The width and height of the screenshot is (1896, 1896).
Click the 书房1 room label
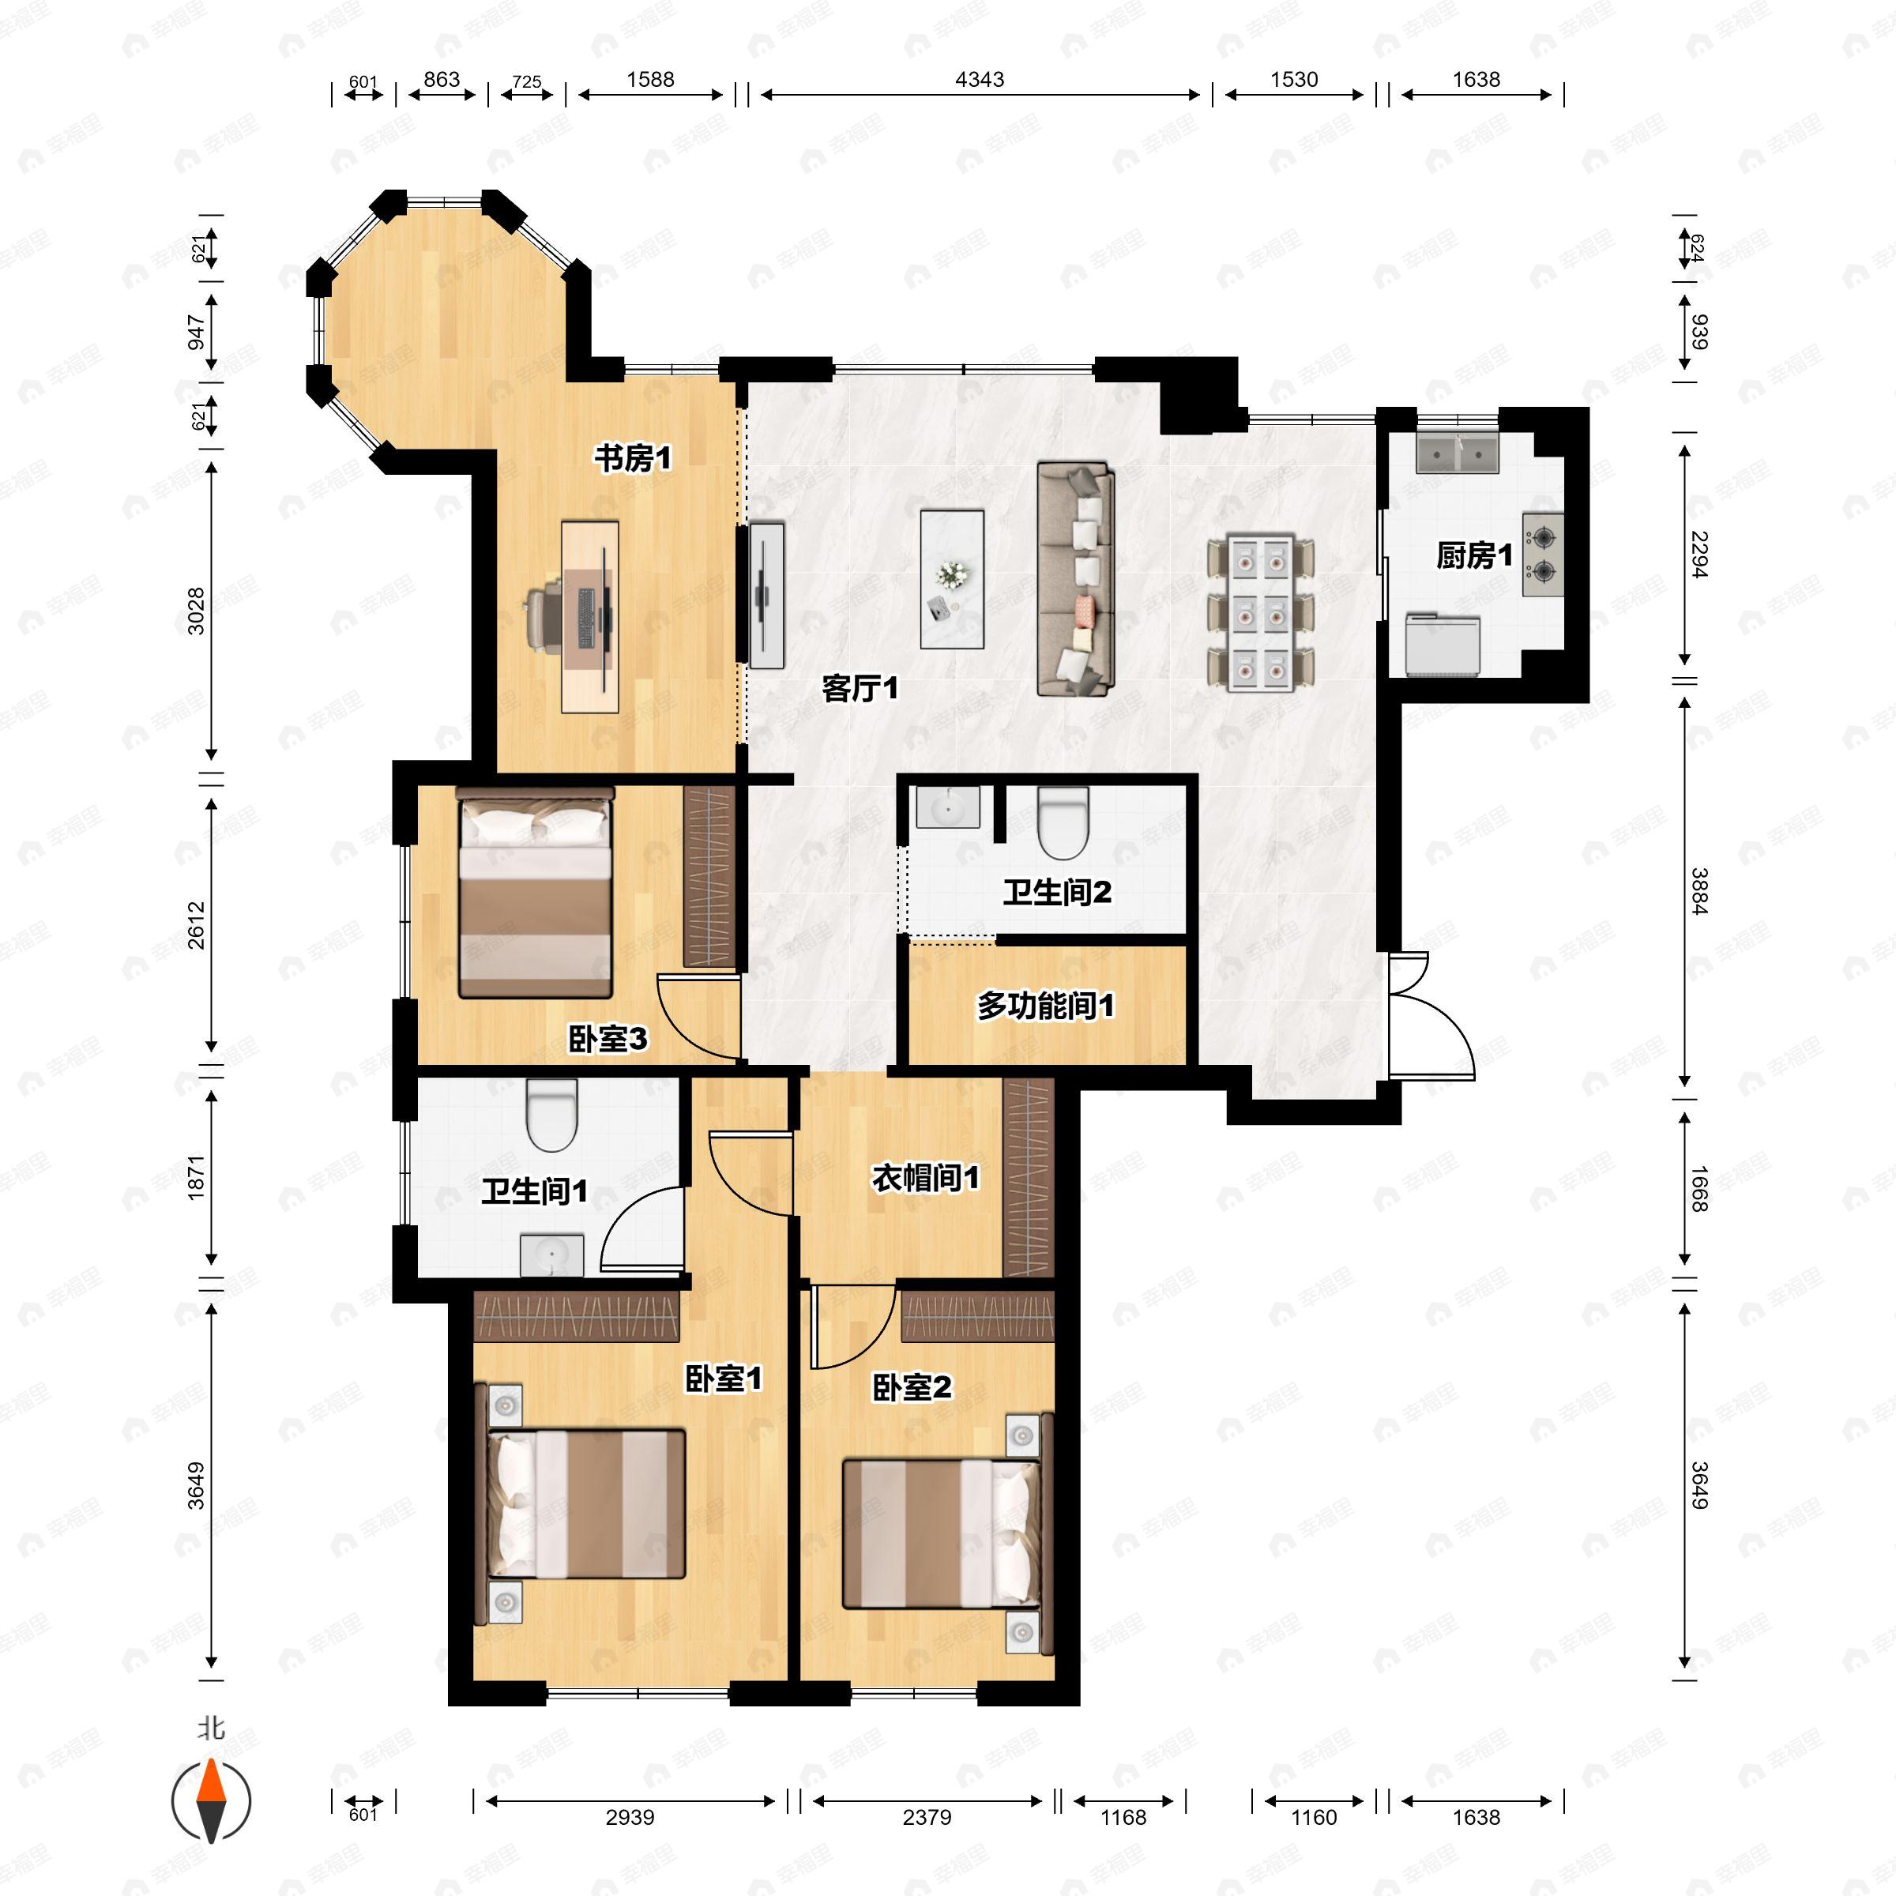633,457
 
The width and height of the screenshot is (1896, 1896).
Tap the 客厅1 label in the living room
860,688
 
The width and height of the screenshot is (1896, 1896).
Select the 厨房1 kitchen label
1473,555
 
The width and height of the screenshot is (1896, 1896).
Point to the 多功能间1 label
1045,1005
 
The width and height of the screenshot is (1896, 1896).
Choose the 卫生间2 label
1057,892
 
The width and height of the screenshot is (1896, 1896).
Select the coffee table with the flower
951,579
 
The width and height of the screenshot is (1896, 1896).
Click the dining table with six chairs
1260,612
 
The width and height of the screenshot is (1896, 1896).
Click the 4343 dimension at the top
980,81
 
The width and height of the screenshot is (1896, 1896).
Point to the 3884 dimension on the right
1698,891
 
